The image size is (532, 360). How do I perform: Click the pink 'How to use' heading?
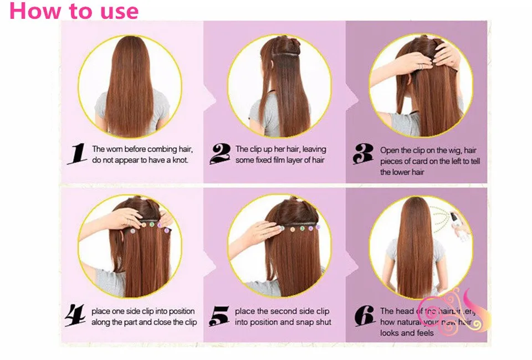pos(74,11)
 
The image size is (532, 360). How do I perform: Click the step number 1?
pos(77,153)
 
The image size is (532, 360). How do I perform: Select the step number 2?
pos(220,153)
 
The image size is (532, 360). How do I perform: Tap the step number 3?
pos(363,155)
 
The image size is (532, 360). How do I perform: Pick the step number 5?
pos(220,316)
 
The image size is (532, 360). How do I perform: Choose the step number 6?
pos(364,316)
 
